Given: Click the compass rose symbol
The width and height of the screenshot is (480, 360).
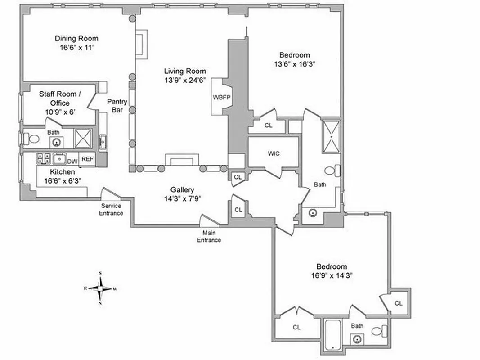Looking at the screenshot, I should tap(101, 288).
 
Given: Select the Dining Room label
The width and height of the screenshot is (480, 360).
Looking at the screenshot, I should tap(76, 39).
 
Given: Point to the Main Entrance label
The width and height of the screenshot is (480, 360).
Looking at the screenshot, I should tap(209, 237).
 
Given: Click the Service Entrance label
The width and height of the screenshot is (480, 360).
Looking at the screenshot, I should tap(111, 210).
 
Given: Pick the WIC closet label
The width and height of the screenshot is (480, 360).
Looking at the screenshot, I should tap(274, 153).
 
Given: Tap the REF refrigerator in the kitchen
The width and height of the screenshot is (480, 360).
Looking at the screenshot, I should tap(88, 159).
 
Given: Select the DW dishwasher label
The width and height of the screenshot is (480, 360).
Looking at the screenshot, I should tap(72, 160).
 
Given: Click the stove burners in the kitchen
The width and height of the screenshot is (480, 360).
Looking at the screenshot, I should tap(44, 158).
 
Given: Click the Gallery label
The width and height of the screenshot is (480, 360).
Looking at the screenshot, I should tap(182, 189).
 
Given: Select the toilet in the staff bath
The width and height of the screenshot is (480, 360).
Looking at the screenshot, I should tap(31, 139).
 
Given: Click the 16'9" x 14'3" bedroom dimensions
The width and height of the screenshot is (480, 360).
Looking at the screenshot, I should tap(331, 275).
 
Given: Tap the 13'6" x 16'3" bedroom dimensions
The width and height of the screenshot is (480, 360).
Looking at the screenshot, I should tap(294, 64).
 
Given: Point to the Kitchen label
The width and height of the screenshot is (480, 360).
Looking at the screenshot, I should tap(63, 172).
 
